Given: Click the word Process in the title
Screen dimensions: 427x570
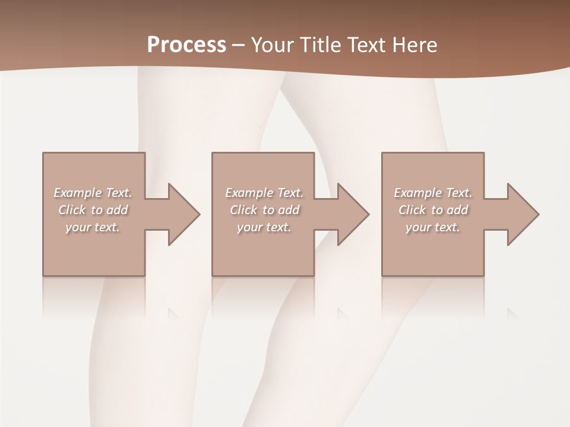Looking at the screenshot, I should [186, 45].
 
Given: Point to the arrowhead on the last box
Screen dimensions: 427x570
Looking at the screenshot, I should [522, 214].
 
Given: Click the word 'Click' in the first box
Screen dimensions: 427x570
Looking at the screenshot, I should [72, 210].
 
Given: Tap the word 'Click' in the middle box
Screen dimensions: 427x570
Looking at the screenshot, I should [243, 210].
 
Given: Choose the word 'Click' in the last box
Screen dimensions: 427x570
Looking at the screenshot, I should [412, 210].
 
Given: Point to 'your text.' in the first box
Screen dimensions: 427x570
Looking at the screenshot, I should [93, 227].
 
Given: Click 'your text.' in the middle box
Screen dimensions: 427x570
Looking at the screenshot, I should [264, 227].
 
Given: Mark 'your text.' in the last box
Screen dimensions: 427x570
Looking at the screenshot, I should [433, 227].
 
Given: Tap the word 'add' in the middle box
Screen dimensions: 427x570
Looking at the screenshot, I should [289, 210].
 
